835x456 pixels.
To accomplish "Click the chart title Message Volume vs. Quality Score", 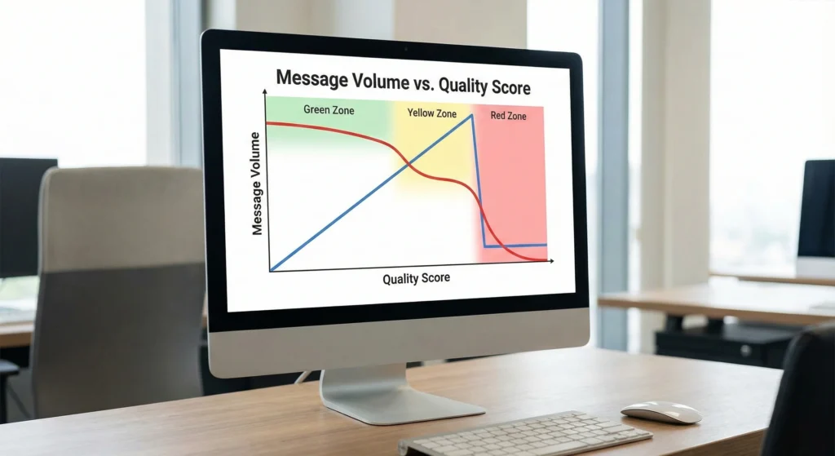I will pos(403,83).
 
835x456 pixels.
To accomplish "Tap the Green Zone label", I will pos(329,109).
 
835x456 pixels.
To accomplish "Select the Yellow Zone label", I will pos(431,113).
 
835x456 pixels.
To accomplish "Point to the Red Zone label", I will pos(508,116).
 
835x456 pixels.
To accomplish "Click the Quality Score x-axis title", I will pos(416,279).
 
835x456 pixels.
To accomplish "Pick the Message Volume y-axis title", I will pos(258,183).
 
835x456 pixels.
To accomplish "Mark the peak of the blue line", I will pos(471,115).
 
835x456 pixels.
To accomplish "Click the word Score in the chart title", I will pos(506,86).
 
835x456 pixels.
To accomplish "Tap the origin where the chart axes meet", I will pos(269,271).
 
